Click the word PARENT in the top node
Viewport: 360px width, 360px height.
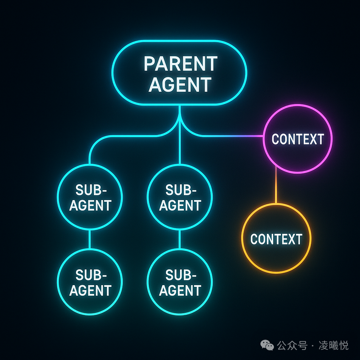(x=180, y=64)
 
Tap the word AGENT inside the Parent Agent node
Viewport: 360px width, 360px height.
(x=180, y=84)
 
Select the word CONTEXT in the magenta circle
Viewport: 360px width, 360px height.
(x=298, y=139)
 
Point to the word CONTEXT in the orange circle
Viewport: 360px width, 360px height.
(x=276, y=239)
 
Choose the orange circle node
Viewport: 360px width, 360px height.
(x=242, y=238)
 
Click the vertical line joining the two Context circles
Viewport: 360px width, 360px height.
(x=276, y=185)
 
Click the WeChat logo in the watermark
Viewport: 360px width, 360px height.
(x=267, y=345)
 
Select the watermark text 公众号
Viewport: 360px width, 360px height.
(x=292, y=345)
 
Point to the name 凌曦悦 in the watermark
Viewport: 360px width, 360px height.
(x=333, y=345)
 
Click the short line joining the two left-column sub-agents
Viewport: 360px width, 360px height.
(x=90, y=239)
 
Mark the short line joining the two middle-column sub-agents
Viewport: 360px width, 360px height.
(x=180, y=239)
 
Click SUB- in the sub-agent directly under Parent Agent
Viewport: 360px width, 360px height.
(x=181, y=190)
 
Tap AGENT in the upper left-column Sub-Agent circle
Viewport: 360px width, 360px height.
(x=90, y=205)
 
